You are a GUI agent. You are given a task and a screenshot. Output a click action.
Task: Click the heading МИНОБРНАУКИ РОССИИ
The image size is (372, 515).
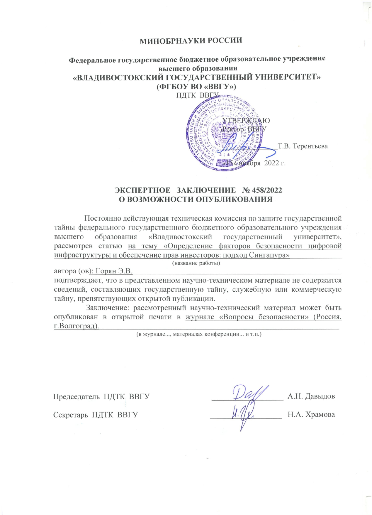191,41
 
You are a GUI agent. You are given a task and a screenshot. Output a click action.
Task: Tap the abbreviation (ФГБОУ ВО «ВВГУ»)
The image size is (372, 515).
196,87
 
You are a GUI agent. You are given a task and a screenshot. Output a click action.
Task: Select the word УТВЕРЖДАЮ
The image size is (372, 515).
246,121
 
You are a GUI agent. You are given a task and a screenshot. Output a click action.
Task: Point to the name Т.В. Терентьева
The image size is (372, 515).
303,146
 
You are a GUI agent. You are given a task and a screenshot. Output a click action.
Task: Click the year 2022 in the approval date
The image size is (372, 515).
272,163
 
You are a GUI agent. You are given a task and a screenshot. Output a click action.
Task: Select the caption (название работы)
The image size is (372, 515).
196,263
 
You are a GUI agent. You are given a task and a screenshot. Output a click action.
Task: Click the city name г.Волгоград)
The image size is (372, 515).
76,326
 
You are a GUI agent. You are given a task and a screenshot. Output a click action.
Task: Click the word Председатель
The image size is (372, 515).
77,396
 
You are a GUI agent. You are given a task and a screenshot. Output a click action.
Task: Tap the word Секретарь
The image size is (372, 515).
71,415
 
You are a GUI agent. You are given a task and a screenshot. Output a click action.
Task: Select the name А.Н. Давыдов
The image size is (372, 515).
311,396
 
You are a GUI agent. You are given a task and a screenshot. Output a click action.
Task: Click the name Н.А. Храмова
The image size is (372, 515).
311,415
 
